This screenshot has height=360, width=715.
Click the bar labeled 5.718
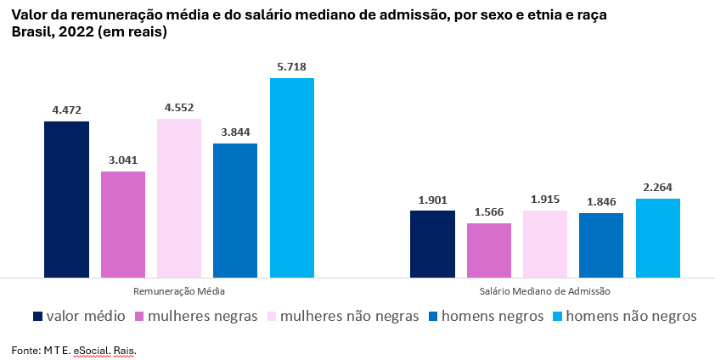pyautogui.click(x=292, y=177)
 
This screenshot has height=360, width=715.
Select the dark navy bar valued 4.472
pyautogui.click(x=67, y=200)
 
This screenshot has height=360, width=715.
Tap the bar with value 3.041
pyautogui.click(x=123, y=224)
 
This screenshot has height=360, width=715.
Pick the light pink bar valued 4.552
pyautogui.click(x=179, y=198)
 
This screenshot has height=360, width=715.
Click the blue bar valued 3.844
pyautogui.click(x=235, y=211)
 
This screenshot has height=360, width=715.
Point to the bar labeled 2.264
pyautogui.click(x=658, y=238)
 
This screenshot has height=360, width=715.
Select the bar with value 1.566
pyautogui.click(x=489, y=250)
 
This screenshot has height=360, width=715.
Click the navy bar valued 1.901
pyautogui.click(x=432, y=244)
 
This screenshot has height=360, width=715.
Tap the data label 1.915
pyautogui.click(x=545, y=199)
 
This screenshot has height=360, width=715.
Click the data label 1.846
pyautogui.click(x=601, y=201)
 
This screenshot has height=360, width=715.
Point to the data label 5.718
pyautogui.click(x=292, y=66)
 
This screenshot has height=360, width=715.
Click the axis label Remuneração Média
pyautogui.click(x=179, y=290)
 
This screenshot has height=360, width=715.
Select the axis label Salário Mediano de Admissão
pyautogui.click(x=545, y=290)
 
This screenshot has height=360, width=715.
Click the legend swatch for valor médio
pyautogui.click(x=37, y=317)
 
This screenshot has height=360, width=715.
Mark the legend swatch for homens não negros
pyautogui.click(x=557, y=317)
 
